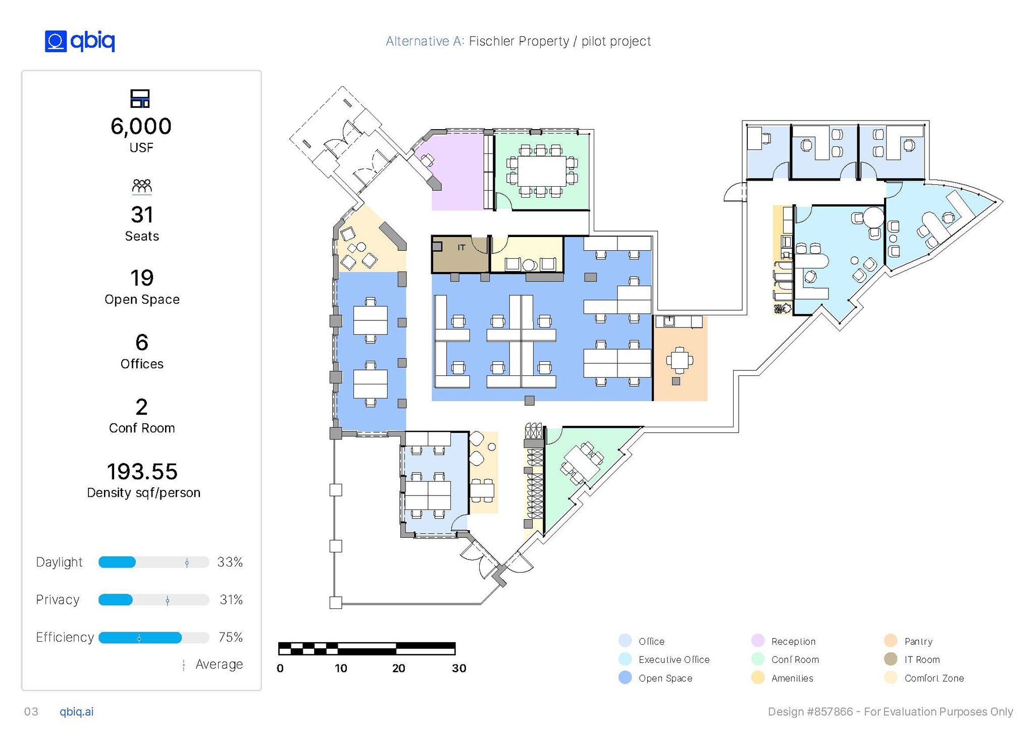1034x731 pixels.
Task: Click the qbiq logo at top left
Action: (x=80, y=41)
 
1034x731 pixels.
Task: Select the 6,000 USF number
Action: (x=141, y=126)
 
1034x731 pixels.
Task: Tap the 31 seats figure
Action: (x=142, y=215)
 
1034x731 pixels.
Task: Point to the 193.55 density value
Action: (x=142, y=472)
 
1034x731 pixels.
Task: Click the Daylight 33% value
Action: (x=230, y=562)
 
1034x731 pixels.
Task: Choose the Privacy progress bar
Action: (x=154, y=600)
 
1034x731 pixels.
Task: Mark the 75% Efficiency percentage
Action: (x=230, y=637)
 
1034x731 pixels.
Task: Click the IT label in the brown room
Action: (x=461, y=248)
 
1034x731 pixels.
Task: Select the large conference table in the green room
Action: (x=542, y=171)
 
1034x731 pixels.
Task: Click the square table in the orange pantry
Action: (x=680, y=360)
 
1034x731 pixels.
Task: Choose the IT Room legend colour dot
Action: (x=891, y=659)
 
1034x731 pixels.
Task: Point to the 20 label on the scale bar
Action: (x=398, y=668)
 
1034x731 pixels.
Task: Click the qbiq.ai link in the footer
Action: (x=77, y=712)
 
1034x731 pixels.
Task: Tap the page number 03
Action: (x=31, y=712)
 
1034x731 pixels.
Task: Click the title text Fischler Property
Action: (x=519, y=41)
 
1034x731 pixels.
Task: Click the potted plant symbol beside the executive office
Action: (x=783, y=309)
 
